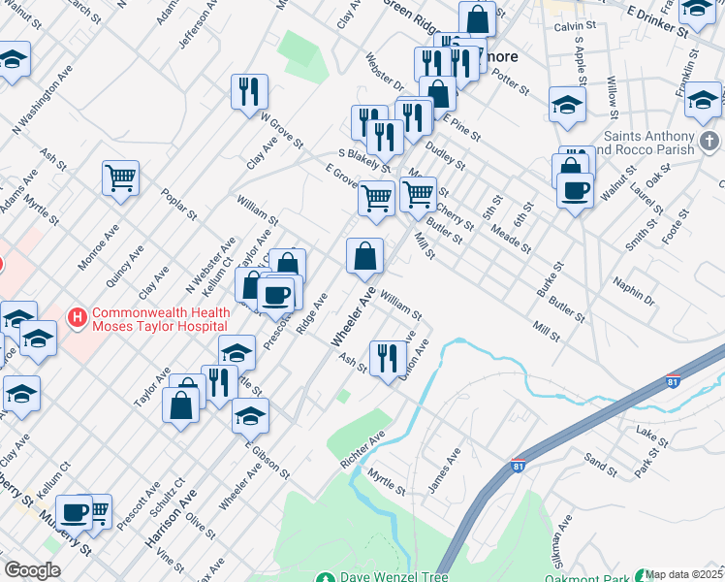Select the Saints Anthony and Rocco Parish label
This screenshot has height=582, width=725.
coord(649,143)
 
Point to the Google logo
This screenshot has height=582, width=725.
coord(33,570)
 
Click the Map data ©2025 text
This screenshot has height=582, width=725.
coord(684,574)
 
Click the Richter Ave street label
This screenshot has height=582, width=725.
coord(362,451)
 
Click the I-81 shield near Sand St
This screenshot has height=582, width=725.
coord(518,466)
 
